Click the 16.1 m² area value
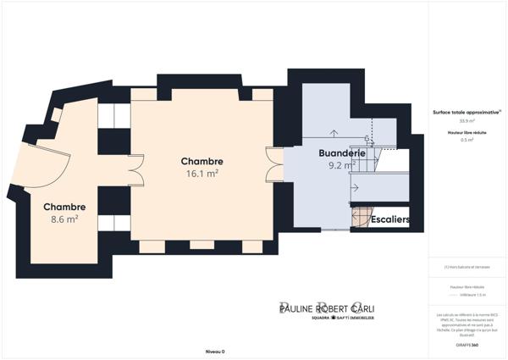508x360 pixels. tap(202, 173)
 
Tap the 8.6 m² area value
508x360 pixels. tap(64, 219)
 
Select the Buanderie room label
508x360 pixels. tap(341, 153)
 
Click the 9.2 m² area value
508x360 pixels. tap(341, 166)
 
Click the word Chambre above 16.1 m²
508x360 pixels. tap(202, 161)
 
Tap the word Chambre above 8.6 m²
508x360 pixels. tap(64, 207)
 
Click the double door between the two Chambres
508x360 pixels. tap(135, 171)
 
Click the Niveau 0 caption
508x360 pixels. tap(215, 351)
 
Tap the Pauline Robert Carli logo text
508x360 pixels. tap(326, 307)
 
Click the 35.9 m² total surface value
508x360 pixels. tap(466, 121)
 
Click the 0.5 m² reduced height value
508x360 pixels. tap(466, 140)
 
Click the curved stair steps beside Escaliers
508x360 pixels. tap(362, 219)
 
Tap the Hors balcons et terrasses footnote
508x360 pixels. tap(466, 268)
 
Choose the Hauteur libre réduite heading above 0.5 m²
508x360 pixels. tap(466, 132)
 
